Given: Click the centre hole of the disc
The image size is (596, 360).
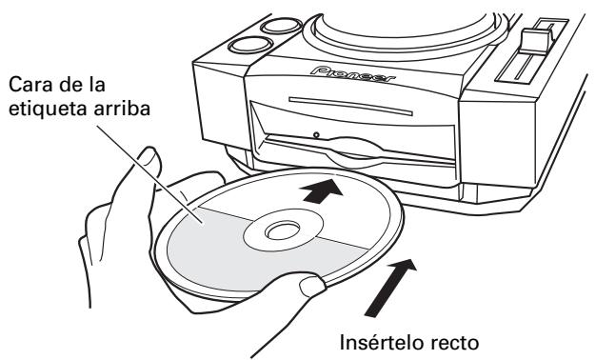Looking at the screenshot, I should pos(278,231).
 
